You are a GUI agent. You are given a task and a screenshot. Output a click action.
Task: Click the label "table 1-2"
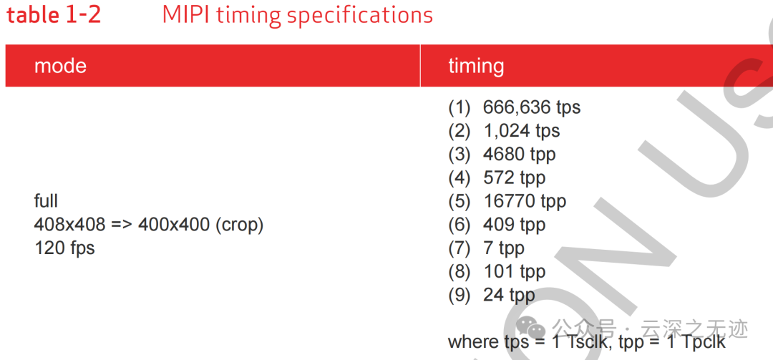(53, 15)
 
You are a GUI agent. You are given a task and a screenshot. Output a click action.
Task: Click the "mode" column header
(60, 66)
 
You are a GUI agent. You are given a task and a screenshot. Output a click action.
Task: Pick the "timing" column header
(476, 66)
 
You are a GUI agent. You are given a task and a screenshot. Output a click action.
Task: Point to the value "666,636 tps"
(531, 107)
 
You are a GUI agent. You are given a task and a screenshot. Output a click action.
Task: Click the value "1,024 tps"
(521, 131)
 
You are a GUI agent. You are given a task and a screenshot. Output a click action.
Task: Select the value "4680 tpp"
(519, 155)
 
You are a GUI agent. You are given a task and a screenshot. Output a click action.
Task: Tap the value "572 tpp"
(514, 177)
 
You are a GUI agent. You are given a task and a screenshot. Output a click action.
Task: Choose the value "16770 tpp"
(525, 201)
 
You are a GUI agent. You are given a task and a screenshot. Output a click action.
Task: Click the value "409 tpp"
(514, 225)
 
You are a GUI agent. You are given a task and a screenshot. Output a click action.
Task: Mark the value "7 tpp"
(504, 248)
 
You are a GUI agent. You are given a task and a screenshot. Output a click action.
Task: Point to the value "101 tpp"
(514, 272)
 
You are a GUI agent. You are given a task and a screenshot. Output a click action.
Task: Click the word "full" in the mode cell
(46, 200)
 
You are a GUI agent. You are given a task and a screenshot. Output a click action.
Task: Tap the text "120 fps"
(64, 248)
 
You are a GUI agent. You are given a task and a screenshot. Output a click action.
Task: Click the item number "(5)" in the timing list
(460, 201)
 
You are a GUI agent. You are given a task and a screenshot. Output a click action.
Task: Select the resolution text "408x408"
(69, 225)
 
